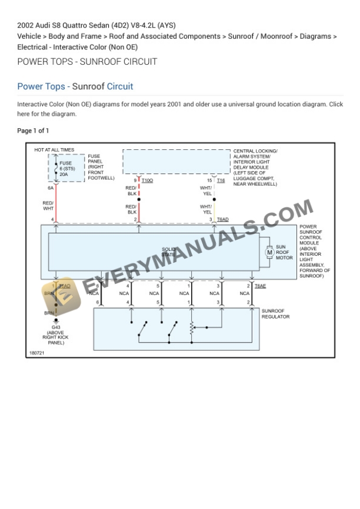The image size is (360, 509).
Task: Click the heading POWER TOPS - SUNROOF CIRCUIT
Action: (87, 62)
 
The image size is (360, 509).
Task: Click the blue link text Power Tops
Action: (41, 86)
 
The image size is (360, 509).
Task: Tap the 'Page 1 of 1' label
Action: (33, 130)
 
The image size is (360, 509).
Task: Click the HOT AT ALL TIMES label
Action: (54, 150)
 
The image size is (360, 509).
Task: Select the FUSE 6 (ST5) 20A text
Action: (65, 169)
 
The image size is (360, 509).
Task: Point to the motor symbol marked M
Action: (270, 253)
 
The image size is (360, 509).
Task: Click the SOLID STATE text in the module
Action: (169, 252)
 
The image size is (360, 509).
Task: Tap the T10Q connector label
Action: (147, 180)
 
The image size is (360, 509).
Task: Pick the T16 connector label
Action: (221, 180)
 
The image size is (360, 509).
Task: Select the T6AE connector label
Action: (260, 286)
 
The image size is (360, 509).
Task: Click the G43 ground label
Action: (56, 327)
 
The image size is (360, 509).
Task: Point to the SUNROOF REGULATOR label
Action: (275, 313)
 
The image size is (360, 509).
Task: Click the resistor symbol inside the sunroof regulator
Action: (192, 330)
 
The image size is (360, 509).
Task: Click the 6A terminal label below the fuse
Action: (51, 187)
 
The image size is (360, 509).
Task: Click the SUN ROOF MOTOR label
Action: (285, 253)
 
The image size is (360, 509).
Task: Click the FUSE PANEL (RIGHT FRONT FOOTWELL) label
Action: (101, 167)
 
